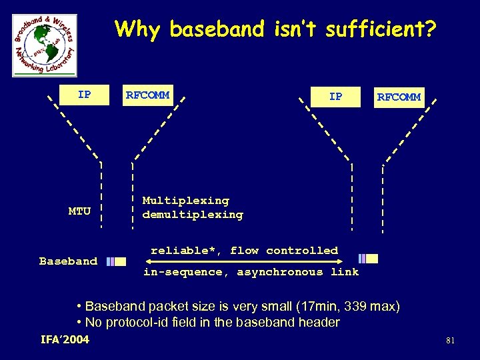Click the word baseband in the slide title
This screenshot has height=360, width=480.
point(217,29)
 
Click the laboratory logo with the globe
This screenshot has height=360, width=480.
point(45,45)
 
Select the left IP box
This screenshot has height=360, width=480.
point(84,95)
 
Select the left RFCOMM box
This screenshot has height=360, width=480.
point(147,95)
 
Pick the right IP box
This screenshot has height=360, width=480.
point(336,97)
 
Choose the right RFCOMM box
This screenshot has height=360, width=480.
point(399,97)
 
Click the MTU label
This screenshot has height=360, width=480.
point(79,211)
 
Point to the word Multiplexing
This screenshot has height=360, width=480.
point(185,201)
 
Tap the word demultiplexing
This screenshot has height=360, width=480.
point(193,215)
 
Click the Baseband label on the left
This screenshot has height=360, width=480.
point(68,261)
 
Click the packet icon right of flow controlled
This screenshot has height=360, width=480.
point(368,259)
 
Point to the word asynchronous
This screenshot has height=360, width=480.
point(280,272)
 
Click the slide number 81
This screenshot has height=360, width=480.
point(450,341)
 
